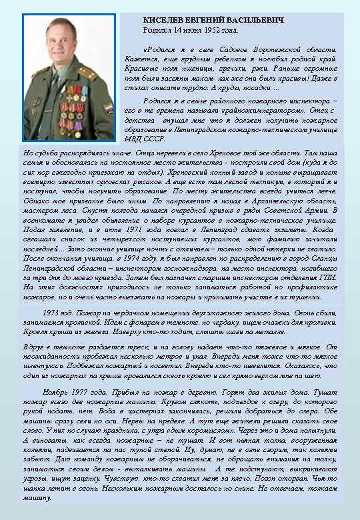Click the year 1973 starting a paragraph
point(52,313)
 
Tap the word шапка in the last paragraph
point(36,489)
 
